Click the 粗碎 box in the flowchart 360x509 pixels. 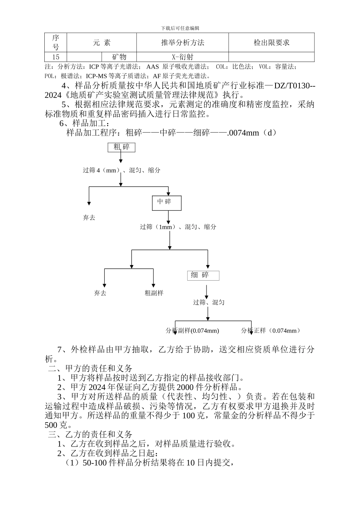(x=121, y=147)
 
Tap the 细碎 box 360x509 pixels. (x=203, y=275)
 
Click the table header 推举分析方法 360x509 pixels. (x=183, y=43)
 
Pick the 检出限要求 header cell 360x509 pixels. (x=271, y=43)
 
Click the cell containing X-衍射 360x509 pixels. (x=183, y=57)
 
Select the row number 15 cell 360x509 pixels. (x=56, y=57)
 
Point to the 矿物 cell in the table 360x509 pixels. (x=119, y=57)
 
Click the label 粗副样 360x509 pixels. (x=154, y=293)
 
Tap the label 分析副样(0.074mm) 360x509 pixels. (x=192, y=331)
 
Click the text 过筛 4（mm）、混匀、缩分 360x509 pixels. (x=122, y=170)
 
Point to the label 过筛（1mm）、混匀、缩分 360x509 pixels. (x=178, y=227)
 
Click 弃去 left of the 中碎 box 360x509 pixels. (x=89, y=218)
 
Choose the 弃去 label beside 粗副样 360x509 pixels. (x=100, y=293)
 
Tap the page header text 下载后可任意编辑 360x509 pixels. (x=180, y=28)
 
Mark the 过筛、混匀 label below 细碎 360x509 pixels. (x=209, y=302)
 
